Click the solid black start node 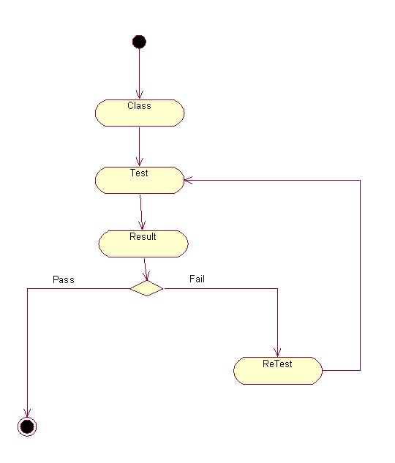click(x=139, y=42)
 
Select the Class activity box click(x=139, y=113)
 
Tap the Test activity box click(x=139, y=180)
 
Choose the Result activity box click(x=143, y=244)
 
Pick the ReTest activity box click(x=278, y=370)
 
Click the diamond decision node click(x=146, y=288)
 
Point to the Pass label click(x=64, y=279)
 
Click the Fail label click(x=197, y=279)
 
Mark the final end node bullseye click(x=27, y=426)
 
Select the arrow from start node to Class click(x=139, y=73)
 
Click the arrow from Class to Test click(x=139, y=146)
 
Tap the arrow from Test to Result click(x=140, y=212)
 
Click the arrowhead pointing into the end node click(x=27, y=413)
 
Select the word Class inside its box click(x=139, y=106)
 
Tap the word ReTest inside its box click(x=277, y=364)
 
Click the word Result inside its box click(x=143, y=237)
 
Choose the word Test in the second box click(x=139, y=173)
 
